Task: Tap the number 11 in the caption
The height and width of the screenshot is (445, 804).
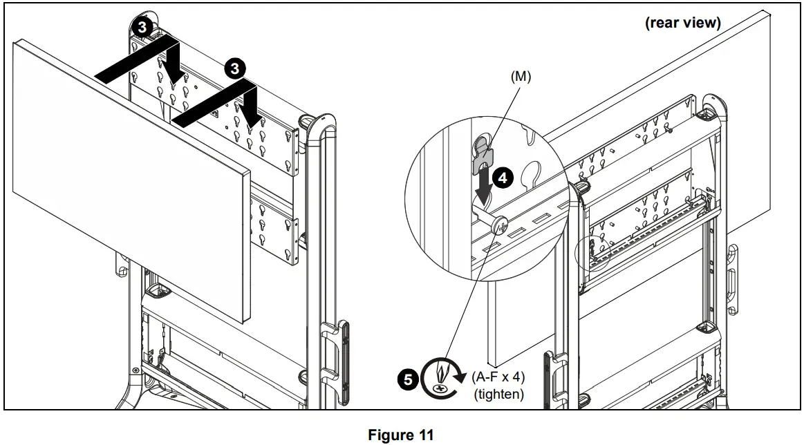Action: pos(426,435)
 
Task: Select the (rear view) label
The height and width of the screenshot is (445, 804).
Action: pos(682,23)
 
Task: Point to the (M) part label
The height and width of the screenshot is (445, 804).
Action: pos(521,77)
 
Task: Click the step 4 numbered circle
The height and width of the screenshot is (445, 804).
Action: pos(503,178)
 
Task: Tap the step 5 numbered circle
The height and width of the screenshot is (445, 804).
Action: pos(408,380)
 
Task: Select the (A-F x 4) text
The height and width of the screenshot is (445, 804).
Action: pos(498,377)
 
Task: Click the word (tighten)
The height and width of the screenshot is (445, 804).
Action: pos(499,395)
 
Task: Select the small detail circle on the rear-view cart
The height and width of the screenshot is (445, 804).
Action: pos(592,254)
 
